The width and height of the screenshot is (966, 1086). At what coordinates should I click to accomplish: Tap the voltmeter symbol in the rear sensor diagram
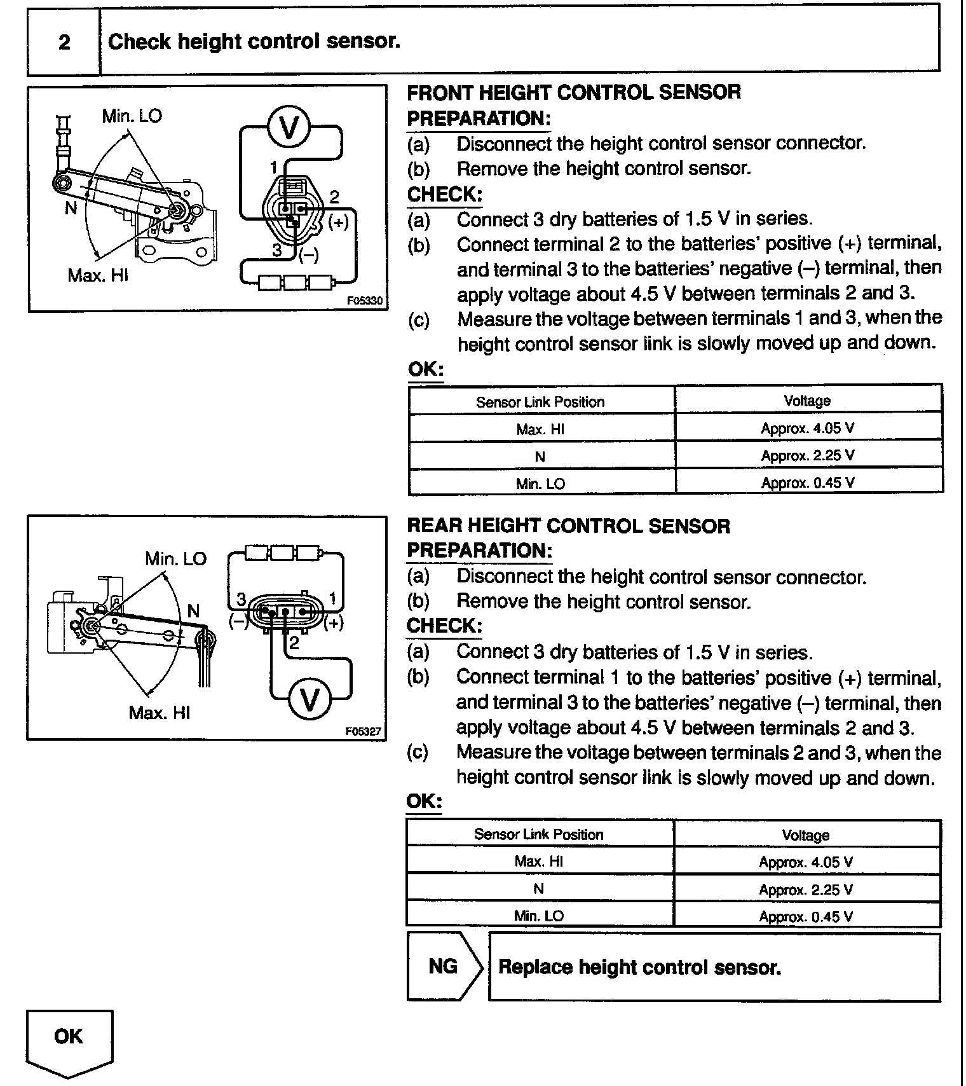[310, 699]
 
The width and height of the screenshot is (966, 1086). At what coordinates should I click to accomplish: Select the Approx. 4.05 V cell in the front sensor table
[808, 428]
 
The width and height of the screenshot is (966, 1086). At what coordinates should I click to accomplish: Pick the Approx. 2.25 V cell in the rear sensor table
[806, 889]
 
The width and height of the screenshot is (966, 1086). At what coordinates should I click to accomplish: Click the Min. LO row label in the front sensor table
[540, 483]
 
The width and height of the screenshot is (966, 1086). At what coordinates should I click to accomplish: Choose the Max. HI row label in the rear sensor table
[539, 861]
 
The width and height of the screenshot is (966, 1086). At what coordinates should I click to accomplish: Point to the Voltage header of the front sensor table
[807, 401]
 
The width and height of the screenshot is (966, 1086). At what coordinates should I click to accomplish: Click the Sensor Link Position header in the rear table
[539, 834]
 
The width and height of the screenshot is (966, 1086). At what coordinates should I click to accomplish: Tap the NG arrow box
[443, 966]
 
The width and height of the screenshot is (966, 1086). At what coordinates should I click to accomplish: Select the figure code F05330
[365, 301]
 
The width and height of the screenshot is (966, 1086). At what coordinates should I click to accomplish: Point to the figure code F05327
[364, 731]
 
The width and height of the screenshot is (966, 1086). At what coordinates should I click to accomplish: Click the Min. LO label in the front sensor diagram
[132, 116]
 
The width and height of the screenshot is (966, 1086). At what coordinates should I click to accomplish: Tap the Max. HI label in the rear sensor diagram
[159, 712]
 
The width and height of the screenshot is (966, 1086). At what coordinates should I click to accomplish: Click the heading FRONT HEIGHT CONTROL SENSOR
[574, 92]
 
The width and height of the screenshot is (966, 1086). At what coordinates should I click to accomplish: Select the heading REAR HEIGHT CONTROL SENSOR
[568, 526]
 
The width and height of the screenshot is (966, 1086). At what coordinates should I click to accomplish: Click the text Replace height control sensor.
[639, 967]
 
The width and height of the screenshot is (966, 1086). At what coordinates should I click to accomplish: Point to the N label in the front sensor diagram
[71, 209]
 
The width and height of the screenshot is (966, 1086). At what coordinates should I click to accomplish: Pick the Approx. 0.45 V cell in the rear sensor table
[806, 916]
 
